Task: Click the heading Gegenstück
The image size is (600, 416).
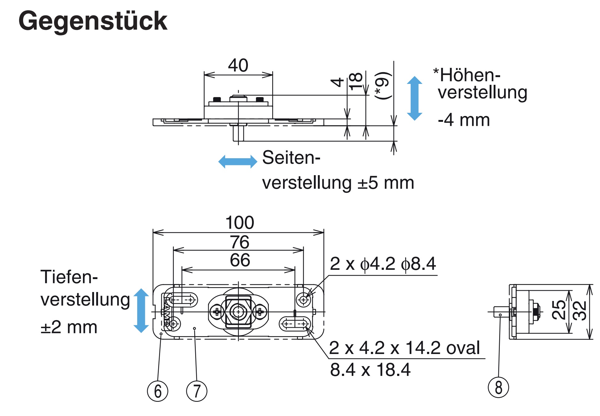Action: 92,21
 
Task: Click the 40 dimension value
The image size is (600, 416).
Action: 238,65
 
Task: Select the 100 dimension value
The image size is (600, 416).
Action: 240,222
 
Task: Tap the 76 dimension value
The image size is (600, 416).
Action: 240,242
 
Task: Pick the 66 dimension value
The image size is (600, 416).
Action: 240,260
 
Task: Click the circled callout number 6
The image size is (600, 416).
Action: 158,391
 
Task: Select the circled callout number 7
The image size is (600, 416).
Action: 197,391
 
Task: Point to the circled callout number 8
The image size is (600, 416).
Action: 498,387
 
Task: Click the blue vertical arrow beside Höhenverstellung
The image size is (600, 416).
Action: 414,98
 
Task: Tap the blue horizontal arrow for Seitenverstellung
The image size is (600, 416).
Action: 237,162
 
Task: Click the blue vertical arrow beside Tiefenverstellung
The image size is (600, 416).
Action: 141,310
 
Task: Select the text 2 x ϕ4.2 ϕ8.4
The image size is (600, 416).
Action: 383,264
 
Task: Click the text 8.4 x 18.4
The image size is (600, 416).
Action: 370,369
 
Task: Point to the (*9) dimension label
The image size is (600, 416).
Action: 382,85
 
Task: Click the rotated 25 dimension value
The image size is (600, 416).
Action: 558,310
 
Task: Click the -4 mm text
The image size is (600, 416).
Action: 464,120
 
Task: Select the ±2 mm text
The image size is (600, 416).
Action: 69,327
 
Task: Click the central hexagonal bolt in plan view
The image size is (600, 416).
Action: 238,312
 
